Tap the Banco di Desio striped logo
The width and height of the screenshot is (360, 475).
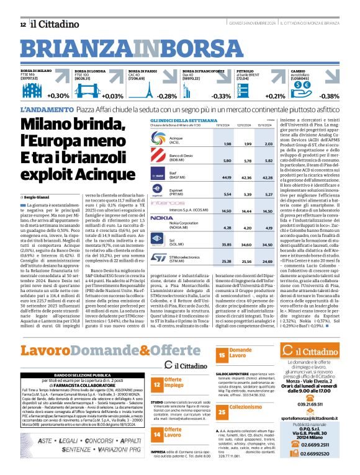[159, 157]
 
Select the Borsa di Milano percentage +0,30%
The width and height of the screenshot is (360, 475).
[58, 95]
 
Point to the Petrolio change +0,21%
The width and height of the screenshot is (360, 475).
[275, 96]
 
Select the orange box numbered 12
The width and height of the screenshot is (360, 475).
[157, 368]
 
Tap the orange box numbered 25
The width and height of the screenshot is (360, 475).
[222, 411]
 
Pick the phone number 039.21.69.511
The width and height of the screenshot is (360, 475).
[310, 404]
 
